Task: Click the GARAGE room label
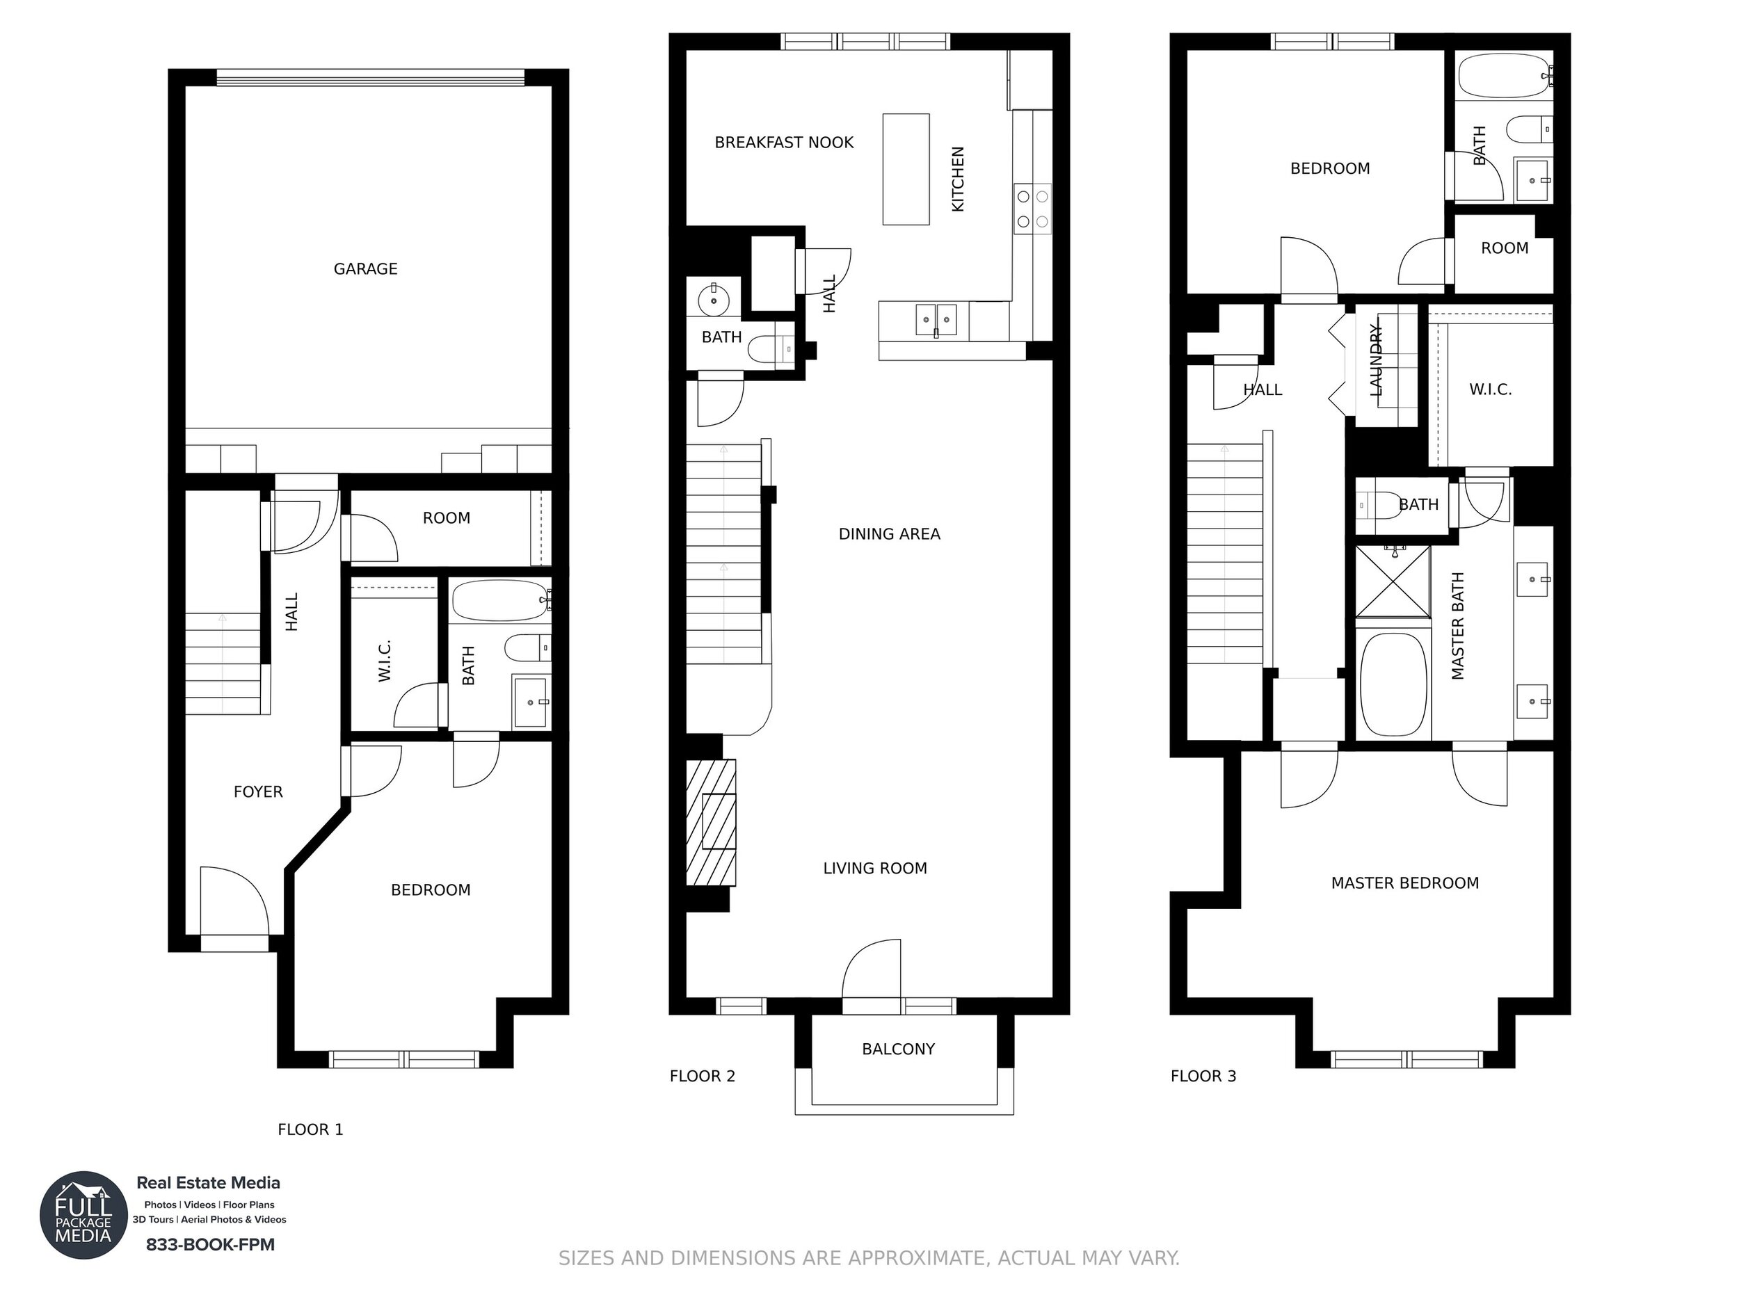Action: click(x=366, y=269)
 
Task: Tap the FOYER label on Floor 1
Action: click(x=258, y=791)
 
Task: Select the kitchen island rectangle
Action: click(x=906, y=169)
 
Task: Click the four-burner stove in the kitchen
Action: click(x=1032, y=209)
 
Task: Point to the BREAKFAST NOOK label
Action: click(x=784, y=143)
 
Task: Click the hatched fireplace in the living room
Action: click(x=711, y=822)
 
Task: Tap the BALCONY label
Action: click(x=899, y=1049)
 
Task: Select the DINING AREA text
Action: click(x=889, y=533)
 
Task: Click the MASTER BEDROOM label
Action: click(x=1405, y=883)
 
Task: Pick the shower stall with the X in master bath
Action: click(x=1393, y=581)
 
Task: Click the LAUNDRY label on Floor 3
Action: click(x=1375, y=360)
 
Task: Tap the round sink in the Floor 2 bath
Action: click(x=714, y=300)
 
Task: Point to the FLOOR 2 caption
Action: click(x=702, y=1076)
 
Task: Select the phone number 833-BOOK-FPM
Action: click(x=211, y=1244)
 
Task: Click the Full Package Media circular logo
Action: click(x=84, y=1215)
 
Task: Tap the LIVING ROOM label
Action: click(x=875, y=868)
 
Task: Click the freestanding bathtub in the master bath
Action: click(x=1393, y=684)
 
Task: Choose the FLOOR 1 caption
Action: click(x=310, y=1129)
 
